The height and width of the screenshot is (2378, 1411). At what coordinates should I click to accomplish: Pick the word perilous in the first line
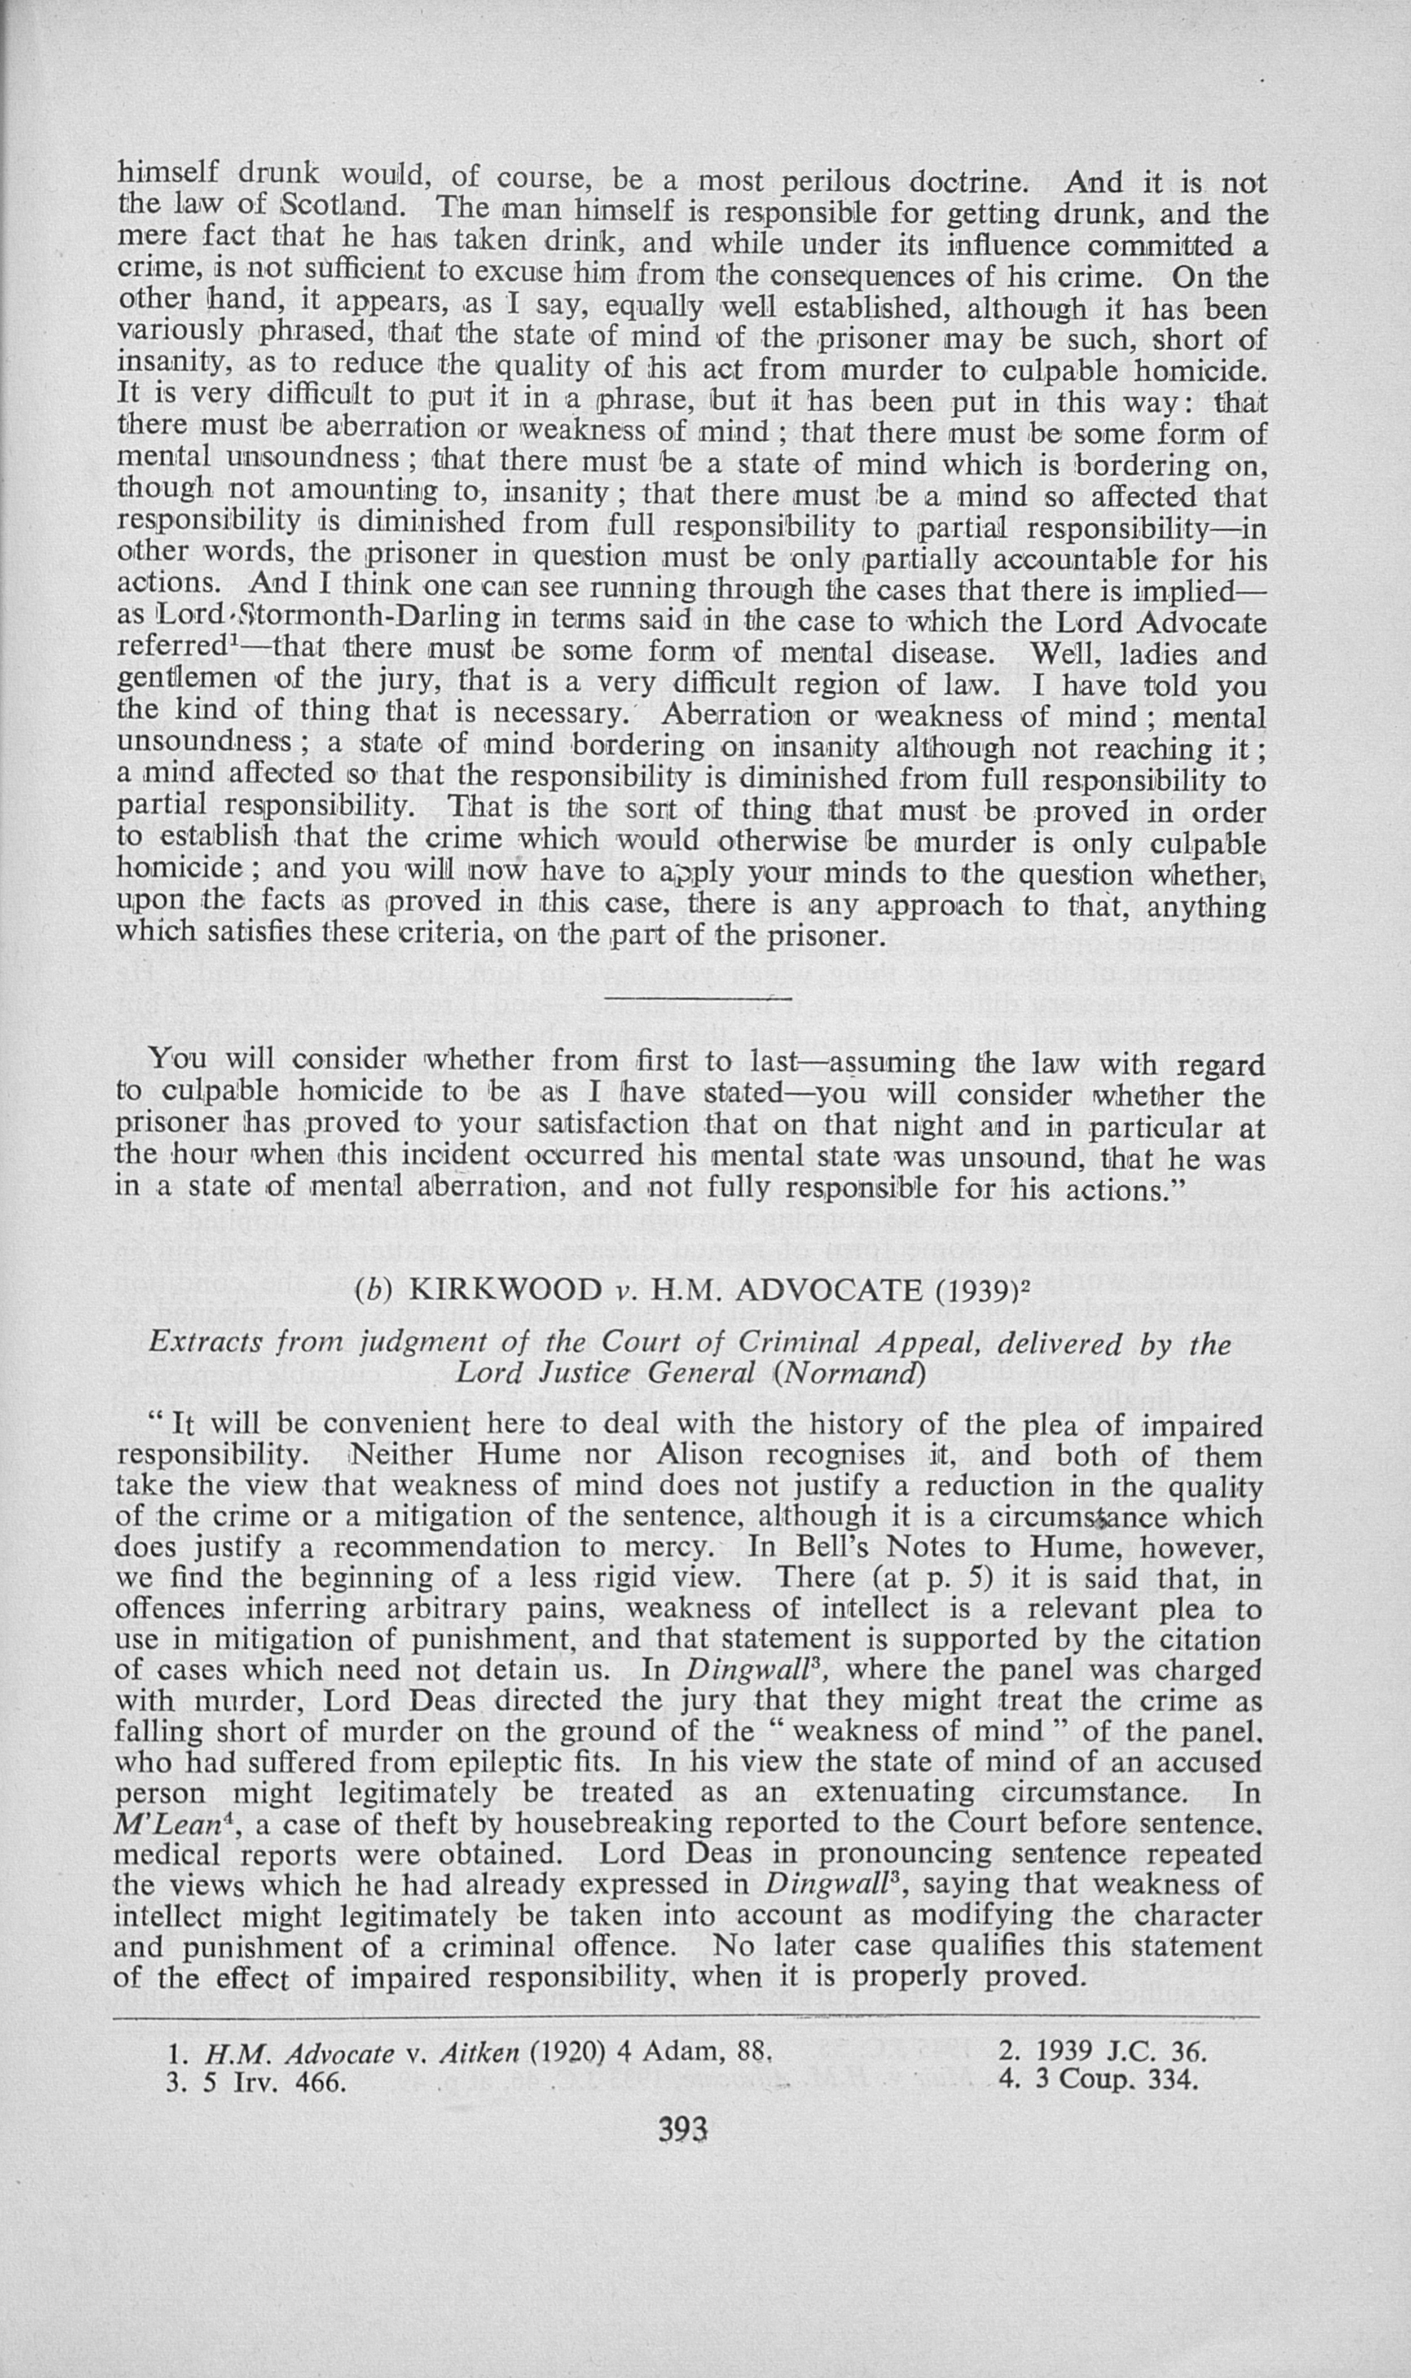(838, 180)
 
